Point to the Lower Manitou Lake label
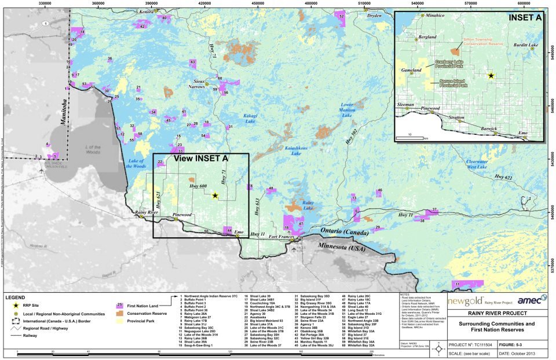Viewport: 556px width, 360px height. pos(347,109)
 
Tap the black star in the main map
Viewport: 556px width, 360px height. pos(215,196)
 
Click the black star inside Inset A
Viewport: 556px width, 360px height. pos(491,76)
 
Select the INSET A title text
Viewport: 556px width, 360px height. pos(525,18)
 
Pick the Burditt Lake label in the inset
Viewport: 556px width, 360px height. pos(517,45)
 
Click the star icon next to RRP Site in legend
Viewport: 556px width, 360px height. pos(9,304)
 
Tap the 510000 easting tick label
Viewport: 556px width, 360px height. pos(364,3)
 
